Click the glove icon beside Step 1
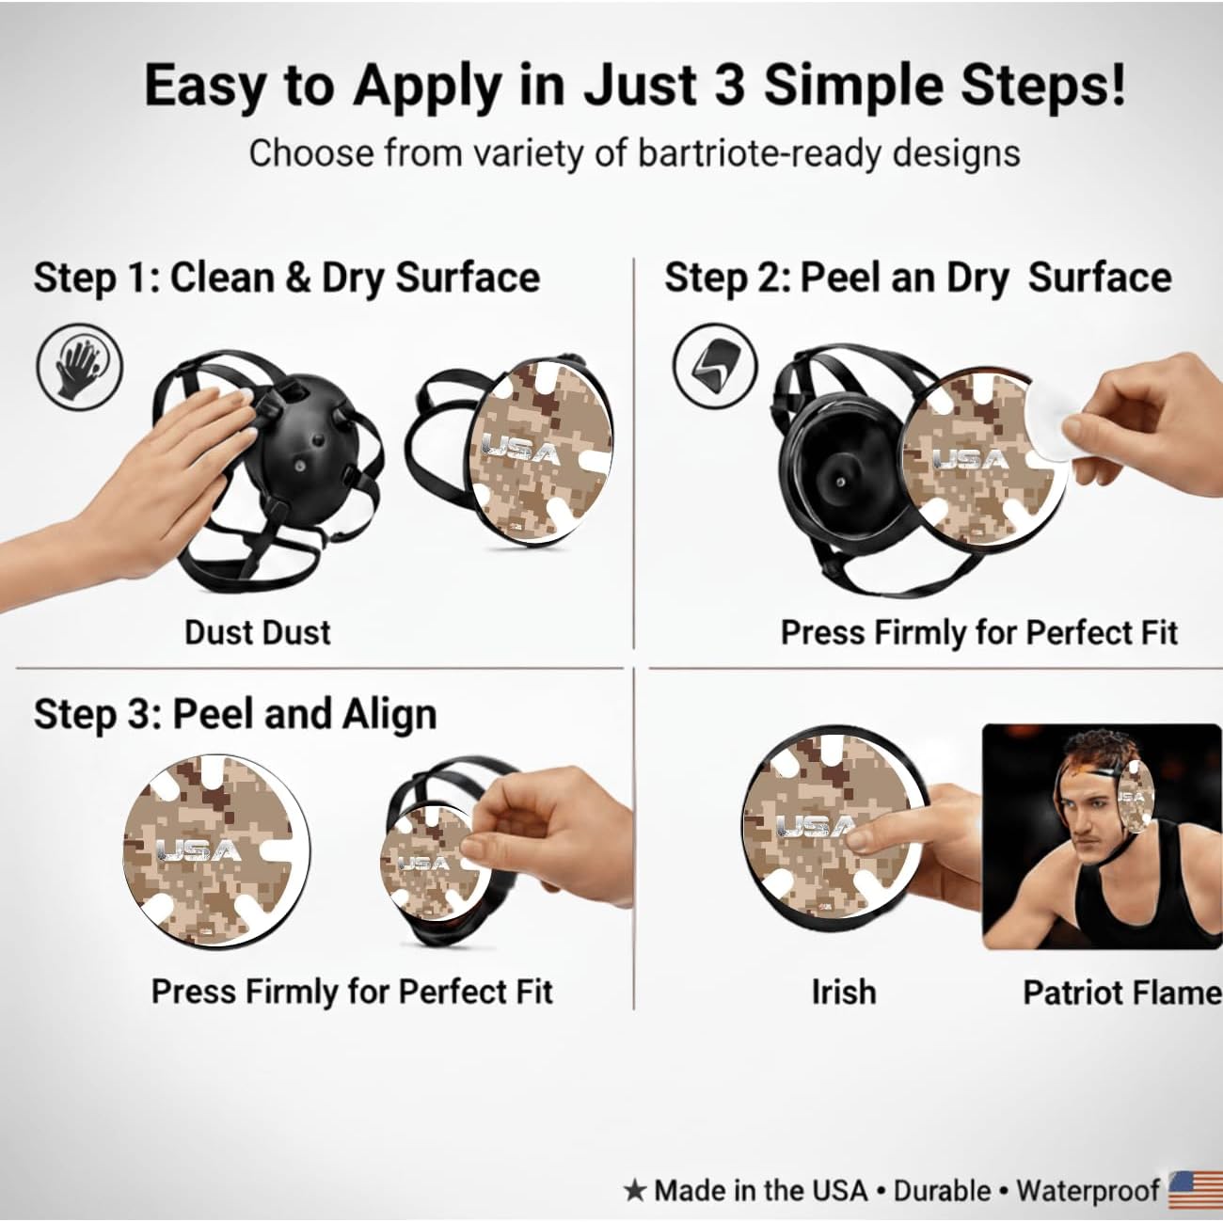coord(80,368)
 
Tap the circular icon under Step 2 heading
coord(714,366)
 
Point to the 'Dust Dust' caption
coord(258,633)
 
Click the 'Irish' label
coord(844,992)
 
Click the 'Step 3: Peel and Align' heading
coord(235,713)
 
